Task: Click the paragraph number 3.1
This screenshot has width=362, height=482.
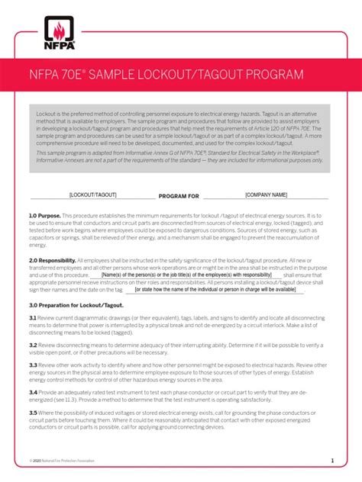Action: [33, 317]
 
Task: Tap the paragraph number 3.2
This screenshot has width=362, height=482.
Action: [33, 343]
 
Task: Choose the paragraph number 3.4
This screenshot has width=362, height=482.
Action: [33, 391]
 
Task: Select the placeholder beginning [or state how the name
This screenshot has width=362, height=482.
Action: [215, 290]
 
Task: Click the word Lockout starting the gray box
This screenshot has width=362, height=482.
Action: [47, 114]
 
